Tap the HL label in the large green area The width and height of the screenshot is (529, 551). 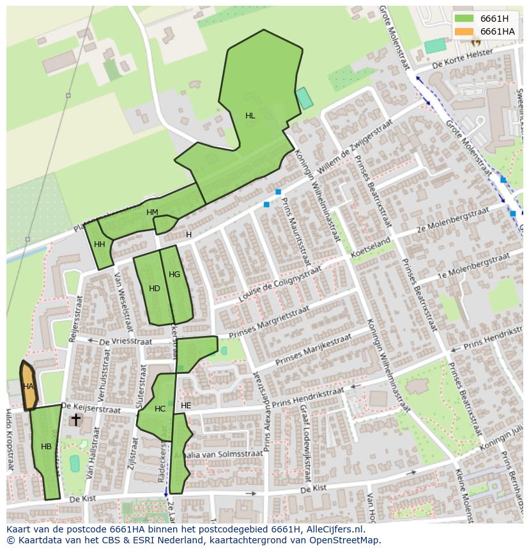pyautogui.click(x=250, y=116)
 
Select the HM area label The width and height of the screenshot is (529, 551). pyautogui.click(x=152, y=212)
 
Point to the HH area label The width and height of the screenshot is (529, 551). pyautogui.click(x=100, y=244)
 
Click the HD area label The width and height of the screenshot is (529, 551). pyautogui.click(x=155, y=289)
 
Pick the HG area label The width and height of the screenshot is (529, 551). pyautogui.click(x=174, y=275)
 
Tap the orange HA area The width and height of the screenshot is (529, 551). pyautogui.click(x=29, y=387)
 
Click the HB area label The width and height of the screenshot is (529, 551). pyautogui.click(x=46, y=447)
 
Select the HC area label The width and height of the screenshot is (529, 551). pyautogui.click(x=160, y=409)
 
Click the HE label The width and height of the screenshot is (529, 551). pyautogui.click(x=186, y=406)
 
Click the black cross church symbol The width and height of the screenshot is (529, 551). pyautogui.click(x=75, y=420)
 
